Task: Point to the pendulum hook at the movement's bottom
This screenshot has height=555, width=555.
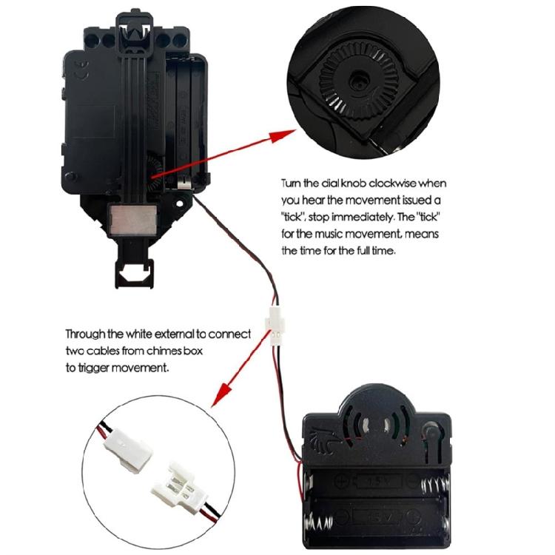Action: (134, 272)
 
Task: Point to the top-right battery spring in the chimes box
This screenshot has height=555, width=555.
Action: (437, 485)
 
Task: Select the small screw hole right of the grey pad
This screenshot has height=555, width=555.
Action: (180, 203)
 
